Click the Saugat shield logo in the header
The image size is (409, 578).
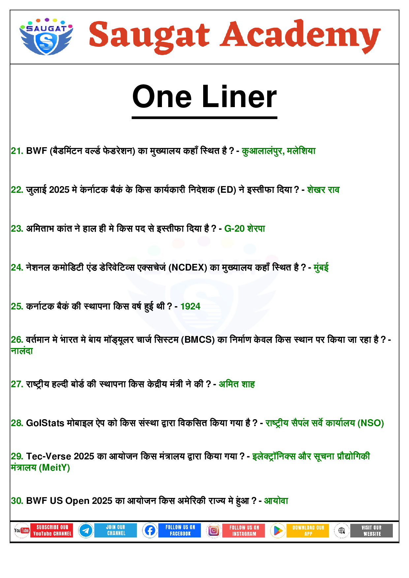pyautogui.click(x=46, y=37)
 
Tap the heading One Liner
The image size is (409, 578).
pyautogui.click(x=204, y=97)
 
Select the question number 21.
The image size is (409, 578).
pyautogui.click(x=17, y=151)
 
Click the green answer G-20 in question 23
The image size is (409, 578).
pyautogui.click(x=234, y=229)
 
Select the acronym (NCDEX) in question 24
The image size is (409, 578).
pyautogui.click(x=188, y=268)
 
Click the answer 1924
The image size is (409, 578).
pyautogui.click(x=190, y=306)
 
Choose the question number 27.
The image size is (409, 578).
pyautogui.click(x=17, y=384)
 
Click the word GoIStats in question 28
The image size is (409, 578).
pyautogui.click(x=45, y=423)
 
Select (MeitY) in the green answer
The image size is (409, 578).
pyautogui.click(x=54, y=468)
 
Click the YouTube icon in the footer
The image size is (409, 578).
pyautogui.click(x=22, y=531)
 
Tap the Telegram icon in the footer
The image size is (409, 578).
pyautogui.click(x=86, y=531)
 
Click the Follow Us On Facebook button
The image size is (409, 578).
pyautogui.click(x=180, y=531)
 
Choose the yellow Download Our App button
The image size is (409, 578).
pyautogui.click(x=308, y=531)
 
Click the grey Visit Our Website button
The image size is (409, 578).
pyautogui.click(x=372, y=531)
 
